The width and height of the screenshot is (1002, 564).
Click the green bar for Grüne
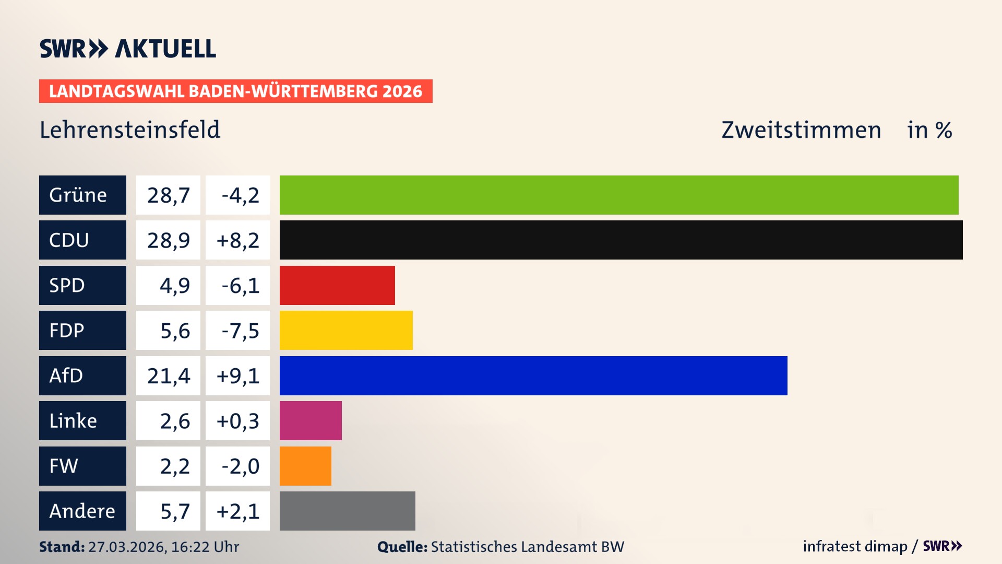click(x=619, y=195)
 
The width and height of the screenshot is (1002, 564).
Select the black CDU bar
click(x=621, y=240)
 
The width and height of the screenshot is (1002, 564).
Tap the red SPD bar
click(x=337, y=285)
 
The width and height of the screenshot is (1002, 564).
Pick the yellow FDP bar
click(x=346, y=331)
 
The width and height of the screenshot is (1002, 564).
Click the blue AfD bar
click(x=533, y=375)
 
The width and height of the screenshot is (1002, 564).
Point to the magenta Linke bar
click(x=311, y=421)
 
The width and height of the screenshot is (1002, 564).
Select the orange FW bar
click(x=305, y=466)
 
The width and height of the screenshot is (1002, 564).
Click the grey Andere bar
click(x=347, y=511)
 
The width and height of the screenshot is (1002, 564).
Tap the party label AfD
click(x=66, y=375)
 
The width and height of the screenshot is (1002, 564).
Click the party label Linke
click(x=73, y=421)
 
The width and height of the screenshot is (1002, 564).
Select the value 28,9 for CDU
click(x=168, y=240)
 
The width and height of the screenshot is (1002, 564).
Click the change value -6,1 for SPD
click(x=240, y=286)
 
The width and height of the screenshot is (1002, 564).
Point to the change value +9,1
click(x=238, y=376)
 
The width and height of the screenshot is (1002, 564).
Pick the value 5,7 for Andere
click(x=175, y=511)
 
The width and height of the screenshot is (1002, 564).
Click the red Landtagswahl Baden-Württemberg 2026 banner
click(x=235, y=91)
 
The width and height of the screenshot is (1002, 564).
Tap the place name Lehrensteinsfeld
click(x=130, y=130)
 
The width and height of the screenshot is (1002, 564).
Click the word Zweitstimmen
click(x=801, y=130)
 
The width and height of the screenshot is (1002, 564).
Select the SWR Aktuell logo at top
click(x=128, y=49)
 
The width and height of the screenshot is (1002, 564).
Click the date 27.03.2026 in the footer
click(x=127, y=547)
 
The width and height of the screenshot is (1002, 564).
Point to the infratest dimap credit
click(x=855, y=546)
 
